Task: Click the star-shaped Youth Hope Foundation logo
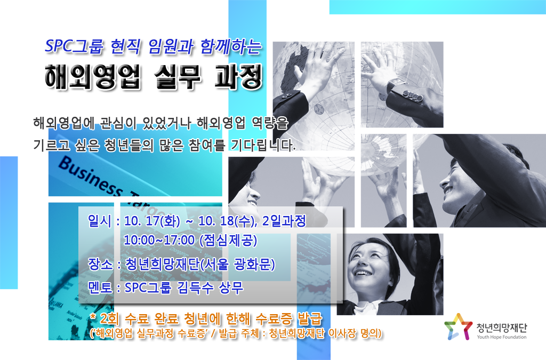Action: click(x=458, y=326)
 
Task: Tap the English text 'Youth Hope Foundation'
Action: click(x=502, y=337)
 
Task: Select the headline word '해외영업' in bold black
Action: click(x=93, y=76)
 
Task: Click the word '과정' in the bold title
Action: click(x=238, y=76)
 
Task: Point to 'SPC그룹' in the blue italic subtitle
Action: click(x=74, y=46)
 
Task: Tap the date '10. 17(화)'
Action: click(x=152, y=221)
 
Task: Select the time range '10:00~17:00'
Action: click(x=159, y=240)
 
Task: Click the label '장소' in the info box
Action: click(x=100, y=264)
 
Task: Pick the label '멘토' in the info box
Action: click(x=100, y=287)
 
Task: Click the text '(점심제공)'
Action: click(x=228, y=240)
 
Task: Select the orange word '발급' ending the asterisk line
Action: click(x=310, y=318)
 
